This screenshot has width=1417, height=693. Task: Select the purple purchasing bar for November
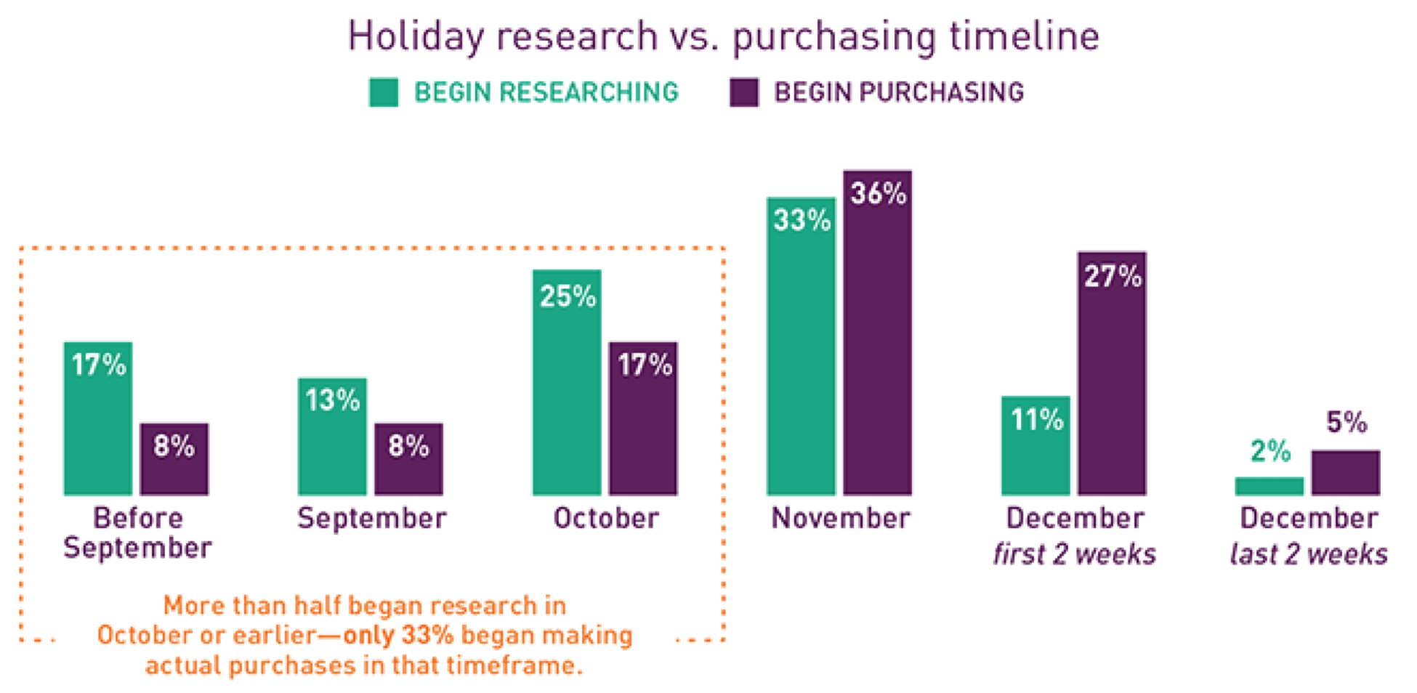click(877, 333)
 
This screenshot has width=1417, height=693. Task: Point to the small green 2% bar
click(1269, 486)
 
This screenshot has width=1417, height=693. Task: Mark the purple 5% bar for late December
click(1346, 473)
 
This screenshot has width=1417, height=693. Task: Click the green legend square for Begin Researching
click(384, 92)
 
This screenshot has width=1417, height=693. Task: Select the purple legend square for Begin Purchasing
click(744, 92)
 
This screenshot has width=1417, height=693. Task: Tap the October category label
click(606, 519)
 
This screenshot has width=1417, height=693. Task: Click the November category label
click(841, 519)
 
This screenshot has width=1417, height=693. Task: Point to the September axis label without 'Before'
click(372, 519)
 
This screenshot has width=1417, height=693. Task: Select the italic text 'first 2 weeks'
click(1075, 554)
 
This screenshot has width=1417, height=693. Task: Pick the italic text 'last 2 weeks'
click(1309, 554)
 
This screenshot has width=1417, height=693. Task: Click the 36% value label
click(879, 193)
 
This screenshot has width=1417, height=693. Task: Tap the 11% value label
click(1037, 420)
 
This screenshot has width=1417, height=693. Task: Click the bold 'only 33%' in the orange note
click(398, 635)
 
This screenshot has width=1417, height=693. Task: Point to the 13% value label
click(333, 400)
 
